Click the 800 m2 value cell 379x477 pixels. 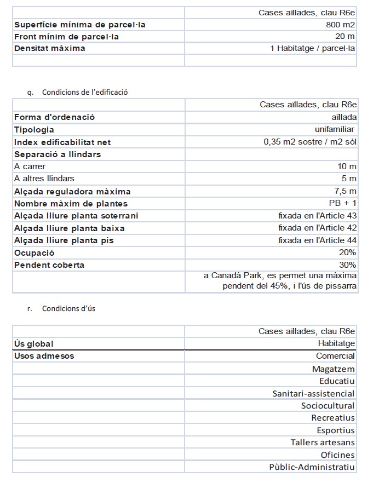(x=340, y=25)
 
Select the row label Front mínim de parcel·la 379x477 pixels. (x=66, y=37)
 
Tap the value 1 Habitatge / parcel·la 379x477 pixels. (x=313, y=48)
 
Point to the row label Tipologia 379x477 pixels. (x=34, y=130)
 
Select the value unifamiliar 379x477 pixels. (x=335, y=130)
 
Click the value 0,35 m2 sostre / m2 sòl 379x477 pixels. (x=310, y=142)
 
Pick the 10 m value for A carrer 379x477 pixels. (x=347, y=166)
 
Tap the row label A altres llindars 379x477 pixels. (x=44, y=179)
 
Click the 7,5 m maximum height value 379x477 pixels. (x=346, y=191)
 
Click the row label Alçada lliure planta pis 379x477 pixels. (x=64, y=240)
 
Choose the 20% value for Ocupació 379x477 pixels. (x=347, y=252)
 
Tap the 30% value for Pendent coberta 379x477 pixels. (x=347, y=265)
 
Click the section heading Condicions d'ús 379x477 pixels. (x=68, y=308)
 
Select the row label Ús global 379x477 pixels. (x=33, y=343)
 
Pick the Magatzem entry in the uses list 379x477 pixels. (x=333, y=369)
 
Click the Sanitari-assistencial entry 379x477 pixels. (x=313, y=393)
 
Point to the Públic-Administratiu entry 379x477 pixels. (x=312, y=467)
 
